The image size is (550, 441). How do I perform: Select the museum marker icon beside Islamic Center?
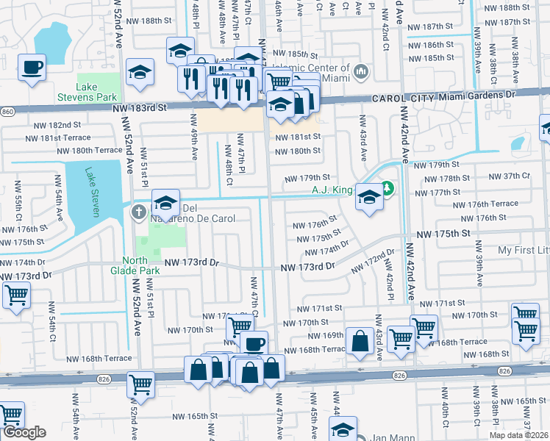pos(360,72)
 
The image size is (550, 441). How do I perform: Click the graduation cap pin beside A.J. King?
pos(369,196)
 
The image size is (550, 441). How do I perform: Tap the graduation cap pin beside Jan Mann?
pos(343,429)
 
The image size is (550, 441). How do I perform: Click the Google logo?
pos(24,432)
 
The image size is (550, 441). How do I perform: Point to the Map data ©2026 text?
pos(518,435)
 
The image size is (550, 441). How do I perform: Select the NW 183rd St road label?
pos(140,107)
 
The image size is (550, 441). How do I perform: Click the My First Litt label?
pos(523,251)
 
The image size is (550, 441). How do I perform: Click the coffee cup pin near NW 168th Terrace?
pos(254,344)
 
